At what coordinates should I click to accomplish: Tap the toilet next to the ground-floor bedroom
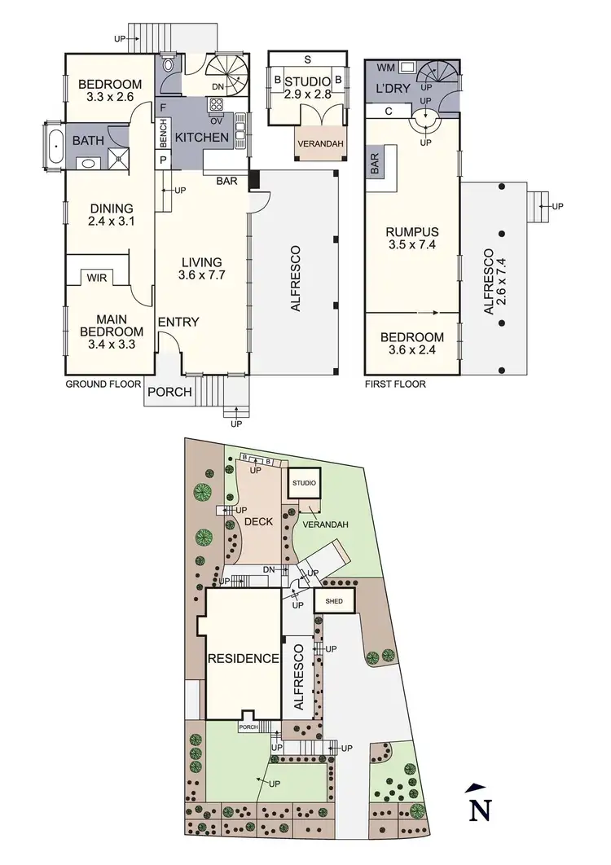click(168, 65)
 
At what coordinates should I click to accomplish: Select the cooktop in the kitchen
click(218, 103)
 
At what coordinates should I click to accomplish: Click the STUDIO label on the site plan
click(305, 484)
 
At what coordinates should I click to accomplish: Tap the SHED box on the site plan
click(334, 602)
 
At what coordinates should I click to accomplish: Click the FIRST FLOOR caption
click(395, 384)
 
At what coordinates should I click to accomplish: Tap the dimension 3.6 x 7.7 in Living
click(202, 275)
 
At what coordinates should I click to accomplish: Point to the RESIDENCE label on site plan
click(245, 659)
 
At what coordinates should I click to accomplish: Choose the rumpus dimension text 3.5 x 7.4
click(412, 244)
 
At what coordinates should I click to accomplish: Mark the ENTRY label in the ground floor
click(178, 322)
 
